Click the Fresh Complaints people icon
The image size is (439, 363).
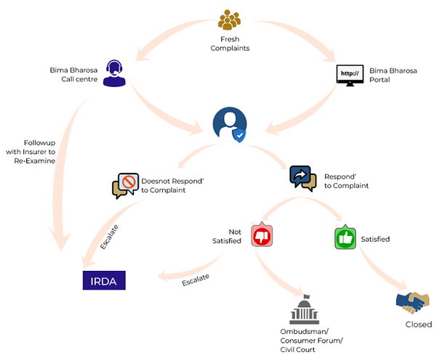(x=229, y=20)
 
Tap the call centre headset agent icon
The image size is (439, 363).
(x=114, y=73)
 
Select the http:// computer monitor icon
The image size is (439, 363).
(x=350, y=76)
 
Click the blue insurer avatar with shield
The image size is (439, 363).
(x=230, y=125)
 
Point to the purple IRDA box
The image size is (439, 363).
(x=104, y=280)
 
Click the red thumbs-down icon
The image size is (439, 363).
(x=262, y=234)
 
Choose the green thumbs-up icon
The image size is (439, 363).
(x=345, y=237)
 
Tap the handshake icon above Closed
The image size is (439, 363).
(x=412, y=303)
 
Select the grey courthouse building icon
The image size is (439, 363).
(x=304, y=309)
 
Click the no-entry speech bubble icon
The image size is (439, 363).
(x=126, y=186)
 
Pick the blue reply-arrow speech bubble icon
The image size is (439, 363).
(x=303, y=179)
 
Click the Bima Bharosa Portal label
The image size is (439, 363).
(x=393, y=75)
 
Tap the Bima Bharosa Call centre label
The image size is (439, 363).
(x=73, y=74)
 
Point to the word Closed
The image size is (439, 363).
(x=419, y=325)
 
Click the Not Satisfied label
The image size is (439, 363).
(x=227, y=237)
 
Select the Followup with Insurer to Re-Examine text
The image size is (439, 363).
(x=31, y=152)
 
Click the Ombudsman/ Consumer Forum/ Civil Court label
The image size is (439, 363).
(x=311, y=340)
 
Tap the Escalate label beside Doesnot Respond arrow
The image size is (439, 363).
(x=109, y=237)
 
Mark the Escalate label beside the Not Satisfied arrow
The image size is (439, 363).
(x=196, y=280)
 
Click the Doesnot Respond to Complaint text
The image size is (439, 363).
(x=172, y=185)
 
